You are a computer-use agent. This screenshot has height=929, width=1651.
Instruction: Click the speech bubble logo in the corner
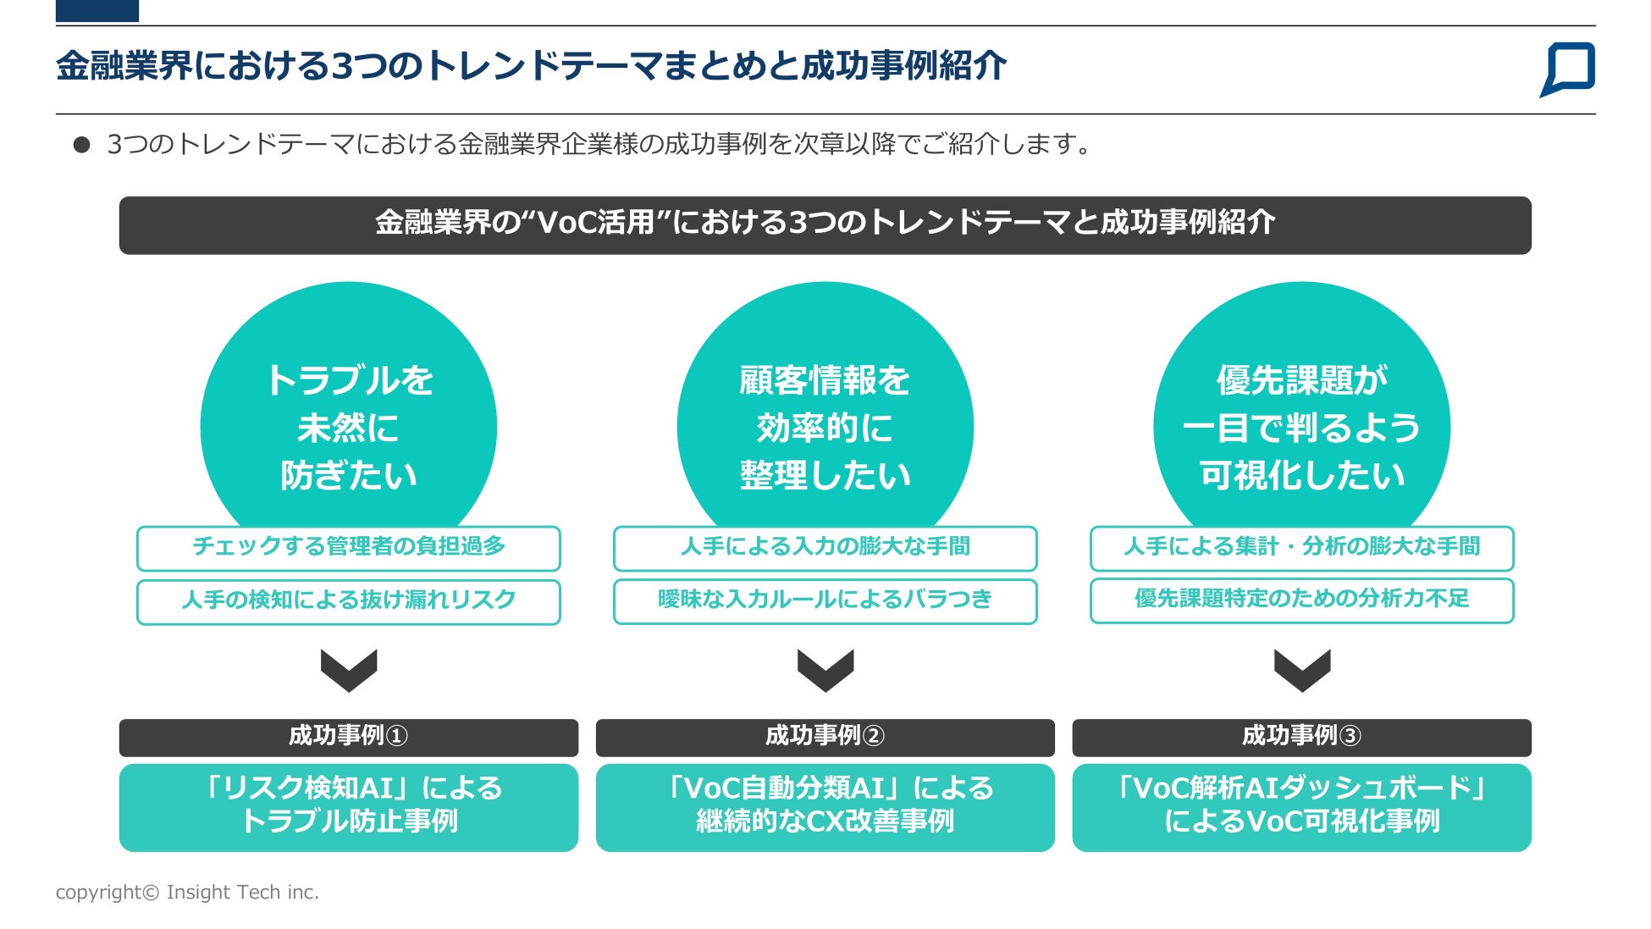coord(1567,69)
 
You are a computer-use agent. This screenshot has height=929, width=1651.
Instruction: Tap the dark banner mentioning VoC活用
coord(825,225)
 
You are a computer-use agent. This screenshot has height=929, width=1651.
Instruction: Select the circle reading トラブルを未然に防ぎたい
coord(348,406)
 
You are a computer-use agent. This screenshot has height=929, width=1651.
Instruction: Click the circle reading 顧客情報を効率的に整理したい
coord(825,406)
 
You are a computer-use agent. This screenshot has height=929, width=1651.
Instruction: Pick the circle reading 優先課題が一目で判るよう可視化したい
coord(1301,406)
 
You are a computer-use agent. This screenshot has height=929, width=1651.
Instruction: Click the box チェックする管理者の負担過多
coord(348,548)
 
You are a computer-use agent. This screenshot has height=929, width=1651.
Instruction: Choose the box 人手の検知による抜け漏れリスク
coord(348,601)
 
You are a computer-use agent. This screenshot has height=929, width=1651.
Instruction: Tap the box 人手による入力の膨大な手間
coord(825,548)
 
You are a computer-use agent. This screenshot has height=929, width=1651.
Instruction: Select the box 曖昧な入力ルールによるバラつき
coord(825,601)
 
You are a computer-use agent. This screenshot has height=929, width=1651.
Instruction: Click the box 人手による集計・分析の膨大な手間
coord(1301,548)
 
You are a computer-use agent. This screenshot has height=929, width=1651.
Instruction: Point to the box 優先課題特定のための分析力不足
coord(1301,600)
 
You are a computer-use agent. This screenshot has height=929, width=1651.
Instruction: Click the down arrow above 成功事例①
coord(348,670)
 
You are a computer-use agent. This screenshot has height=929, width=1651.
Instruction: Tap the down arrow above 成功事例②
coord(825,670)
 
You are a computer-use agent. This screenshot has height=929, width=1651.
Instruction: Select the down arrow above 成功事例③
coord(1301,670)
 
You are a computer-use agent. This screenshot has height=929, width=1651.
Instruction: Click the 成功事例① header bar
coord(348,737)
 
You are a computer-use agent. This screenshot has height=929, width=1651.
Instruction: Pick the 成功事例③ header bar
coord(1301,737)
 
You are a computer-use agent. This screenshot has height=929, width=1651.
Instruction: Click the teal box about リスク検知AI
coord(348,807)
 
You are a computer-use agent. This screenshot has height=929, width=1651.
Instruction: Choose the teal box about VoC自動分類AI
coord(825,807)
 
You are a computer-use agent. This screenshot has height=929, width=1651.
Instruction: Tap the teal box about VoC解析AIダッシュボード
coord(1301,807)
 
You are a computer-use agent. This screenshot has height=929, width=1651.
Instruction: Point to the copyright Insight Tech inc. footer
coord(187,892)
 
